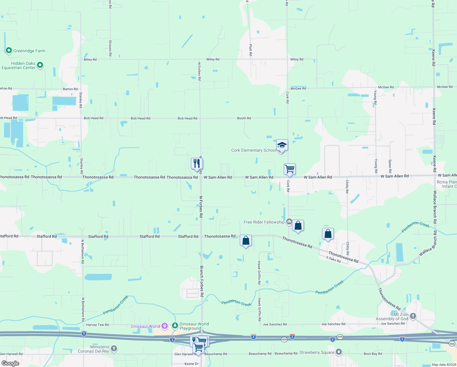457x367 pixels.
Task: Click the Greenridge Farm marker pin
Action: pos(9,50)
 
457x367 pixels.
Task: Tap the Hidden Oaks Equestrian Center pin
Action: pos(40,65)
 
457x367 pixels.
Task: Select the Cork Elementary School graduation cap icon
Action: pos(282,145)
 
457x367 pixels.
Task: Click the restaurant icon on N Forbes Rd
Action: pos(197,164)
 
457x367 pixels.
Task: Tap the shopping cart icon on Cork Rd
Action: pos(290,169)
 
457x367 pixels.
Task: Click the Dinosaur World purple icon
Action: pos(165,326)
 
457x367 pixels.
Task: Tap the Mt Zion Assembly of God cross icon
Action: pos(413,316)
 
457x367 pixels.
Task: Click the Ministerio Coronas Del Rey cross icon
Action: pos(114,348)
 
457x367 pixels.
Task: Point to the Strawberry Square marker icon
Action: pos(338,352)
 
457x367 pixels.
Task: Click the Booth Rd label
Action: pos(244,118)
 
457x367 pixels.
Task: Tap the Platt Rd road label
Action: pos(250,50)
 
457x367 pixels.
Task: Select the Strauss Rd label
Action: pos(110,48)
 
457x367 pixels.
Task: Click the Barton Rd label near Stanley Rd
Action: pos(70,89)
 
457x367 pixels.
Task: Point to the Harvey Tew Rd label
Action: pos(97,325)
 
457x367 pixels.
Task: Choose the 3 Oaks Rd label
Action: pos(333,259)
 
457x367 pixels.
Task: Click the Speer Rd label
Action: pos(390,166)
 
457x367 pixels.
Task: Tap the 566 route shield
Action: pos(452,344)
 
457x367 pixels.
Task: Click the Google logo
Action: pos(10,363)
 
